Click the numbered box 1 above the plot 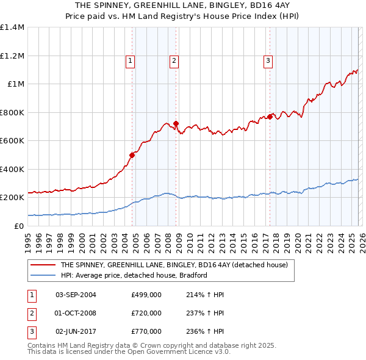[131, 60]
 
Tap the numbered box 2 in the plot [174, 60]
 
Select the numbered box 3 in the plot [268, 60]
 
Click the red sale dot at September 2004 [132, 155]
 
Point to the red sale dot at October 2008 [176, 124]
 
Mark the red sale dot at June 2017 [270, 117]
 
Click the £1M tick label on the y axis [13, 84]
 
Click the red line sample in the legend [43, 265]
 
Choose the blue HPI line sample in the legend [43, 276]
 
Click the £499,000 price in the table [146, 295]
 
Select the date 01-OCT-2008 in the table [76, 313]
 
